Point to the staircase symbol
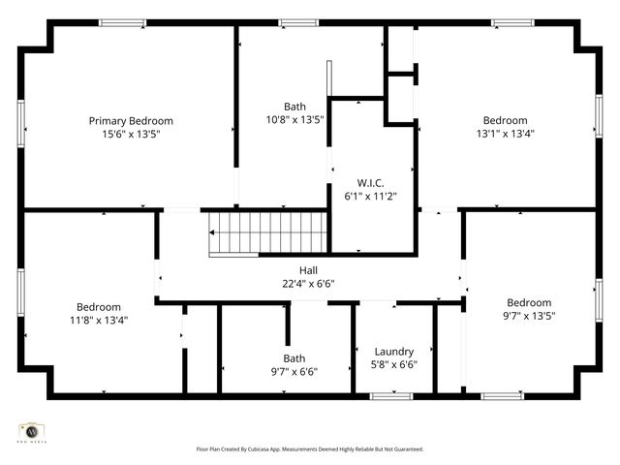pyautogui.click(x=234, y=233)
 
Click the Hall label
pyautogui.click(x=308, y=271)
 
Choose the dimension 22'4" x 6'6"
pyautogui.click(x=308, y=284)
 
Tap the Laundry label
pyautogui.click(x=394, y=352)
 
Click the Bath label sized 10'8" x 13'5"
pyautogui.click(x=294, y=107)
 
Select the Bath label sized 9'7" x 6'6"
pyautogui.click(x=294, y=358)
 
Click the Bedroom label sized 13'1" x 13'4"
pyautogui.click(x=505, y=121)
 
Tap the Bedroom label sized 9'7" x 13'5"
pyautogui.click(x=529, y=302)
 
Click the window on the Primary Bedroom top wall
pyautogui.click(x=123, y=22)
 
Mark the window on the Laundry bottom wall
pyautogui.click(x=391, y=395)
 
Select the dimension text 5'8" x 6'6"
pyautogui.click(x=394, y=364)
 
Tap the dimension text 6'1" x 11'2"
pyautogui.click(x=371, y=195)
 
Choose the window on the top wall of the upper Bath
pyautogui.click(x=298, y=22)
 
